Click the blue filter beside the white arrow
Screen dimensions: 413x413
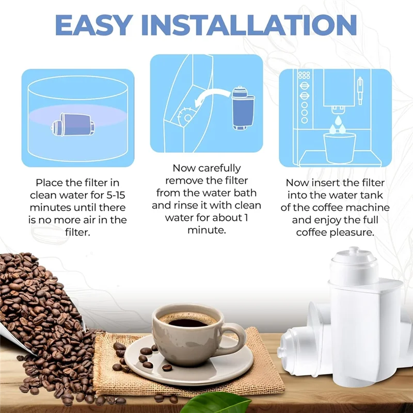(242, 108)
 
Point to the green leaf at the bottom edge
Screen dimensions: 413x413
(222, 403)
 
